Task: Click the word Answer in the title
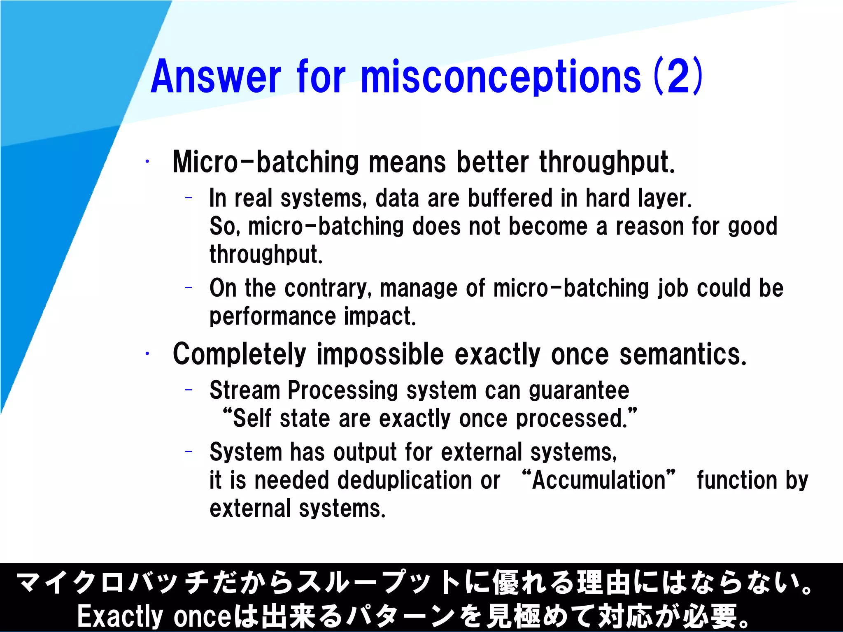pos(216,77)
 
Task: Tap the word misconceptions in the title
pos(501,77)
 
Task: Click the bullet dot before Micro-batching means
pos(147,162)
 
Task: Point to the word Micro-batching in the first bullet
pos(265,162)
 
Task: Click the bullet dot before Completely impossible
pos(147,353)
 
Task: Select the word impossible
pos(380,354)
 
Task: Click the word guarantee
pos(579,390)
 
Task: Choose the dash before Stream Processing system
pos(189,390)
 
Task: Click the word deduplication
pos(405,480)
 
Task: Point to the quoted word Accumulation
pos(598,480)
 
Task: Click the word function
pos(737,480)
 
